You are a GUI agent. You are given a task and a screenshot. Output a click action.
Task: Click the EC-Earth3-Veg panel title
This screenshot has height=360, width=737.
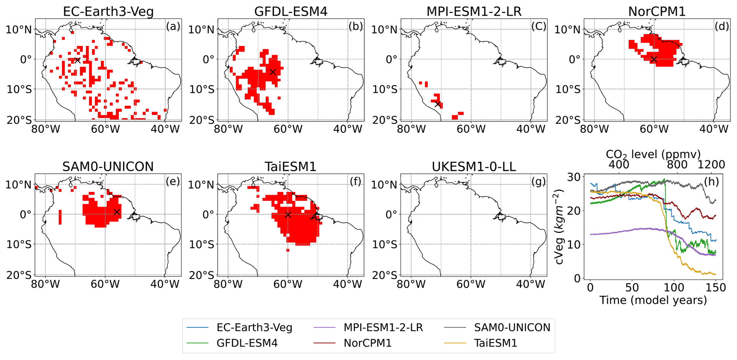(x=108, y=11)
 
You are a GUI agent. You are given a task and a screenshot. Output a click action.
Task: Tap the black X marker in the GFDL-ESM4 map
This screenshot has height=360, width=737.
(x=273, y=72)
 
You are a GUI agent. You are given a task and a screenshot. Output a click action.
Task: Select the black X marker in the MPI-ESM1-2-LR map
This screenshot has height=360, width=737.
(x=438, y=104)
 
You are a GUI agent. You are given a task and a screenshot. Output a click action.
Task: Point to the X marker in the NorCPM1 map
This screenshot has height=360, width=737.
(x=653, y=59)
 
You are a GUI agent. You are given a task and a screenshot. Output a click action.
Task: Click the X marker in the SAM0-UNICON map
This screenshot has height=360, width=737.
(x=117, y=212)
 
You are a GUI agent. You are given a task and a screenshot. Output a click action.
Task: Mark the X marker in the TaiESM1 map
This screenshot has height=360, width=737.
(x=288, y=215)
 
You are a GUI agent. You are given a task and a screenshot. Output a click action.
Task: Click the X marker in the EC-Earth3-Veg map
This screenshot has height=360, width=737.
(x=77, y=60)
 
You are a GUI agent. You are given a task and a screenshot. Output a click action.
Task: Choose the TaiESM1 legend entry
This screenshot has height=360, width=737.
(x=495, y=343)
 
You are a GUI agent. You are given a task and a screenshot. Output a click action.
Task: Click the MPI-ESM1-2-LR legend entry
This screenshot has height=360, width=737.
(x=383, y=327)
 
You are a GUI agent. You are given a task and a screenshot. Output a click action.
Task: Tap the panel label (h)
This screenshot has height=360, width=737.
(x=711, y=182)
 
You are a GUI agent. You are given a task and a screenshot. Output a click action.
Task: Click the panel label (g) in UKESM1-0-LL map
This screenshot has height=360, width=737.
(x=538, y=182)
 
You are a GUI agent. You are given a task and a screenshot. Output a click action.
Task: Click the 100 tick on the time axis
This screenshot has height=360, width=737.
(x=674, y=288)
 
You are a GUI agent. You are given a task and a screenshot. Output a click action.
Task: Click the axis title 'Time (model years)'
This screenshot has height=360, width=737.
(x=653, y=300)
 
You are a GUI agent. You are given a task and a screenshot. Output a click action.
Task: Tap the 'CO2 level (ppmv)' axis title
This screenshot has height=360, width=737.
(x=653, y=154)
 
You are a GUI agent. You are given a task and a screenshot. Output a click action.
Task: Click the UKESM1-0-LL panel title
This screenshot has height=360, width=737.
(x=474, y=167)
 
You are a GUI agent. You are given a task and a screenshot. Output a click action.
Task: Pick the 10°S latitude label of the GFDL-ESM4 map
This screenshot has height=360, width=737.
(x=201, y=89)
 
